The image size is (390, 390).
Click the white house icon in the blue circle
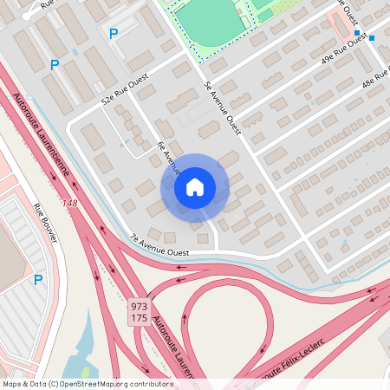[195, 187]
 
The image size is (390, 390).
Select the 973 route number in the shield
[139, 307]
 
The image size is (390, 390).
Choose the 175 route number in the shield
[139, 319]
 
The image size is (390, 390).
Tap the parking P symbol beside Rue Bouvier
[37, 280]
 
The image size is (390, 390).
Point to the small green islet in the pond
[82, 350]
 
